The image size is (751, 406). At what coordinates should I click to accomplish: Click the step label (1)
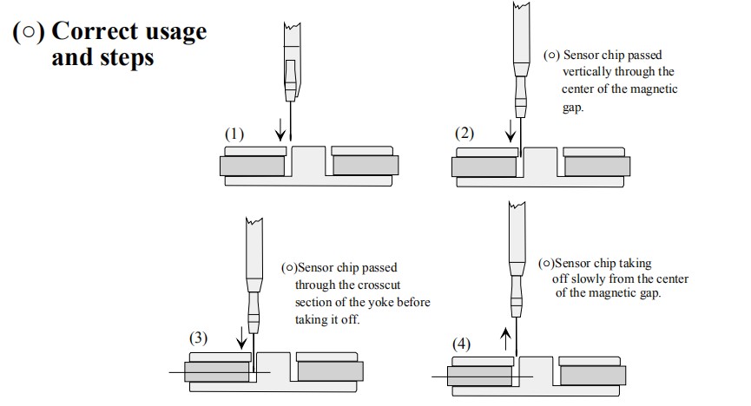point(234,134)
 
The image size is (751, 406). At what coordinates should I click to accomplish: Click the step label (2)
point(465,134)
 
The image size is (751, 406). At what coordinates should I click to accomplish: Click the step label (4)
point(462,344)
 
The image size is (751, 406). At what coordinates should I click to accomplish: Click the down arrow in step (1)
point(280,131)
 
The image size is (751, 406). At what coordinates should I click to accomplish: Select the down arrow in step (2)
point(511,131)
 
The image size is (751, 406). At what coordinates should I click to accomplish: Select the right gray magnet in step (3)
point(330,371)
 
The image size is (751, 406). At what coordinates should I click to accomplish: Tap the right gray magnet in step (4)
point(594,375)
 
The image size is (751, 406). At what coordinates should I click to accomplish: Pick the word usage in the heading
point(173,32)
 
